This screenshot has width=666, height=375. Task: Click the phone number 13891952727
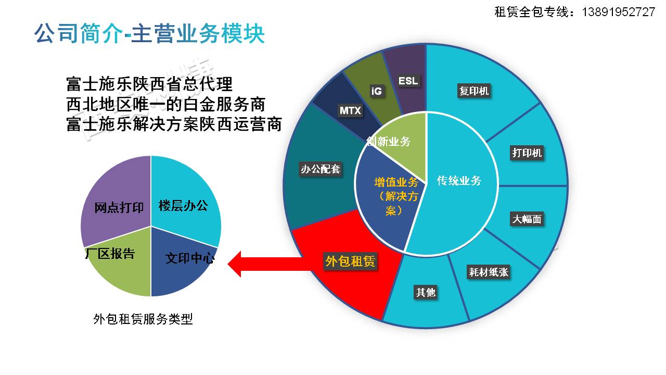click(618, 12)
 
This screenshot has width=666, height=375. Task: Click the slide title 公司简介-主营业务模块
click(150, 34)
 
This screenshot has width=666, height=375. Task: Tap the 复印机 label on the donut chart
click(473, 91)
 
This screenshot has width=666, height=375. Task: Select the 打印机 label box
click(527, 153)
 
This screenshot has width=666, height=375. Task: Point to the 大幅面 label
click(527, 219)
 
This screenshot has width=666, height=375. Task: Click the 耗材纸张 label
click(488, 272)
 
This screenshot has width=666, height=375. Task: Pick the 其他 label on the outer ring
click(425, 292)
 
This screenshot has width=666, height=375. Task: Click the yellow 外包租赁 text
click(350, 261)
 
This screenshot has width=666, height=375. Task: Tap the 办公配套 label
click(321, 169)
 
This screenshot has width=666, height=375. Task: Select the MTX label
click(350, 110)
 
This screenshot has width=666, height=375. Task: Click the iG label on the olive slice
click(376, 91)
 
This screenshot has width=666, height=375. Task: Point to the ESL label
click(408, 81)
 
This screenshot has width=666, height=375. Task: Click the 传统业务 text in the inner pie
click(459, 181)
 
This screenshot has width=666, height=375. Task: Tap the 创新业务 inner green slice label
click(389, 141)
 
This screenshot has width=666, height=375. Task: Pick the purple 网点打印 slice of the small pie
click(119, 207)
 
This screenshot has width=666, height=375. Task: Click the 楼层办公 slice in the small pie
click(183, 205)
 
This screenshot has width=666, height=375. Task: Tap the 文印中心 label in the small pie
click(189, 258)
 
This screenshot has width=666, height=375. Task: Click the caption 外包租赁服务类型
click(143, 319)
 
